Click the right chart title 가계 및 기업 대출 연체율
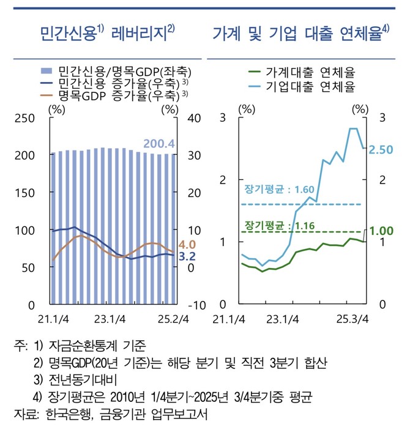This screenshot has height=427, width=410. tap(300, 32)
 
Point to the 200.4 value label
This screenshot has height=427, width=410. tap(159, 144)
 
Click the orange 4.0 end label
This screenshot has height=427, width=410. tap(187, 245)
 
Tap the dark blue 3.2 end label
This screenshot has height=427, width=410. tap(187, 256)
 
